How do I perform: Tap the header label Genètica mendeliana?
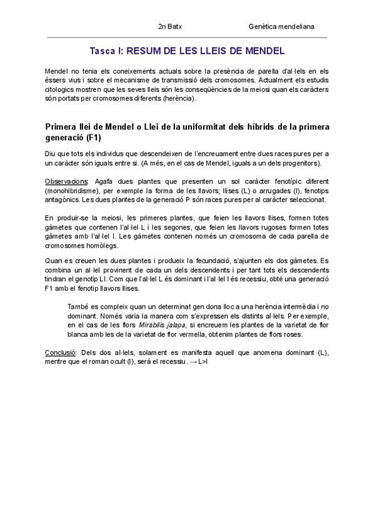coord(281,27)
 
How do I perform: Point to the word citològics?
coord(62,89)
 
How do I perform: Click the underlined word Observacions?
coord(66,181)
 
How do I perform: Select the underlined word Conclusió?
coord(61,352)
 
